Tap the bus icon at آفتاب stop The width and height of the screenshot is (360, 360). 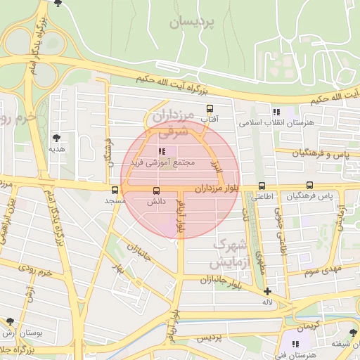point(210,109)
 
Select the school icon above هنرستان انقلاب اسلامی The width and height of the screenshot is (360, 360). point(276,112)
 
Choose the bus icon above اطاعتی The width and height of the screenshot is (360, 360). point(262,186)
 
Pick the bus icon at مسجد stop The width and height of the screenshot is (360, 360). point(115,190)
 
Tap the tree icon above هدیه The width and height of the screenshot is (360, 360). point(56,138)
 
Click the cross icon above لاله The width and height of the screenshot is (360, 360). point(267,291)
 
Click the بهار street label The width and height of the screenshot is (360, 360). point(120,268)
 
